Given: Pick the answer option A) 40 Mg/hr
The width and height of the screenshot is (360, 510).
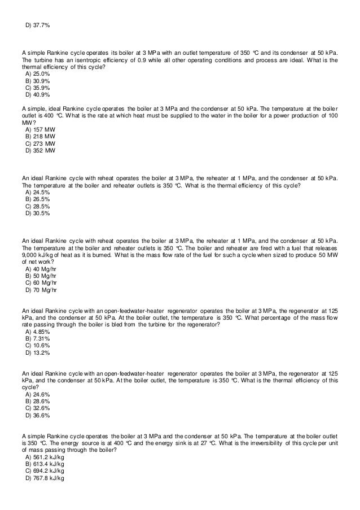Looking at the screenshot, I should pyautogui.click(x=41, y=269).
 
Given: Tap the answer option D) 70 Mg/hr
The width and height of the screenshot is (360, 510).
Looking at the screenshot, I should pyautogui.click(x=41, y=290).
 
